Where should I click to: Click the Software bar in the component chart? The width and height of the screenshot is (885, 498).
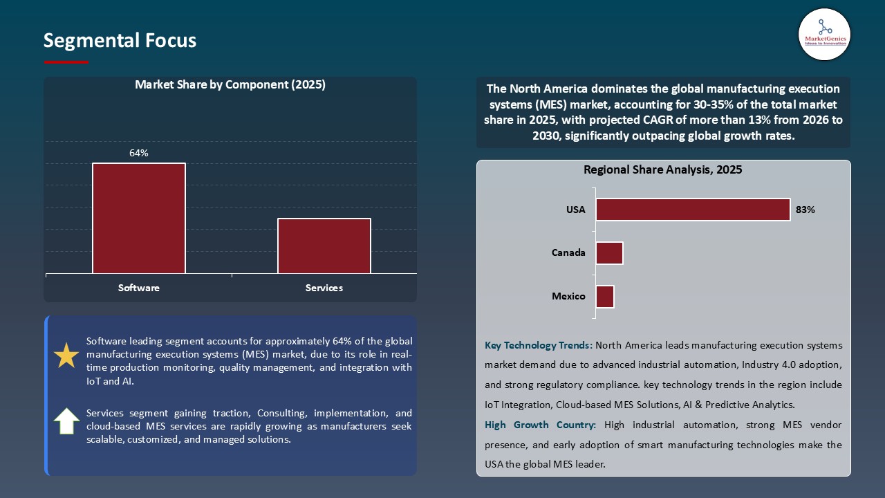(139, 219)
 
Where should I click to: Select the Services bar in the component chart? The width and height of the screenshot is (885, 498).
(324, 246)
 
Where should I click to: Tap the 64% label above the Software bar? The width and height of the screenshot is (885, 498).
(139, 153)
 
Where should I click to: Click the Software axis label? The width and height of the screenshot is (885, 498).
(139, 288)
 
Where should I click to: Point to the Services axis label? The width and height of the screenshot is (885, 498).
(324, 288)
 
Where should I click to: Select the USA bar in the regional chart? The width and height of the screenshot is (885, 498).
(693, 210)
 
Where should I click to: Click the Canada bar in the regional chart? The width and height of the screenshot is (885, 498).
(609, 253)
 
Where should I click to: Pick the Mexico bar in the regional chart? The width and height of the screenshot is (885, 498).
(605, 297)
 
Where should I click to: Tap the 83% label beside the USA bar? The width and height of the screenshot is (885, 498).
(805, 210)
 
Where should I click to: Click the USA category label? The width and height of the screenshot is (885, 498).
(576, 210)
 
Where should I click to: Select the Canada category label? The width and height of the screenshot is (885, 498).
(568, 253)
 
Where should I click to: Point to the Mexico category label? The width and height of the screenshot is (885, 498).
(568, 297)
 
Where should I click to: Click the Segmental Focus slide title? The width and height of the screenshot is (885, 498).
(120, 41)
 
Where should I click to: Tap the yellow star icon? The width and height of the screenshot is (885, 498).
(66, 356)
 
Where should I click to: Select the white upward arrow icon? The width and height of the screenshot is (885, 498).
(66, 421)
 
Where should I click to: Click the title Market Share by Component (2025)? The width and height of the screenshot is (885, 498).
(230, 85)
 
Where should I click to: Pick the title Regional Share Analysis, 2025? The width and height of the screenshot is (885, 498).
(662, 169)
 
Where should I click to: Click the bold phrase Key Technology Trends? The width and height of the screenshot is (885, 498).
(539, 345)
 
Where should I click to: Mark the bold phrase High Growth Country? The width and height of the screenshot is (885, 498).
(541, 425)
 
